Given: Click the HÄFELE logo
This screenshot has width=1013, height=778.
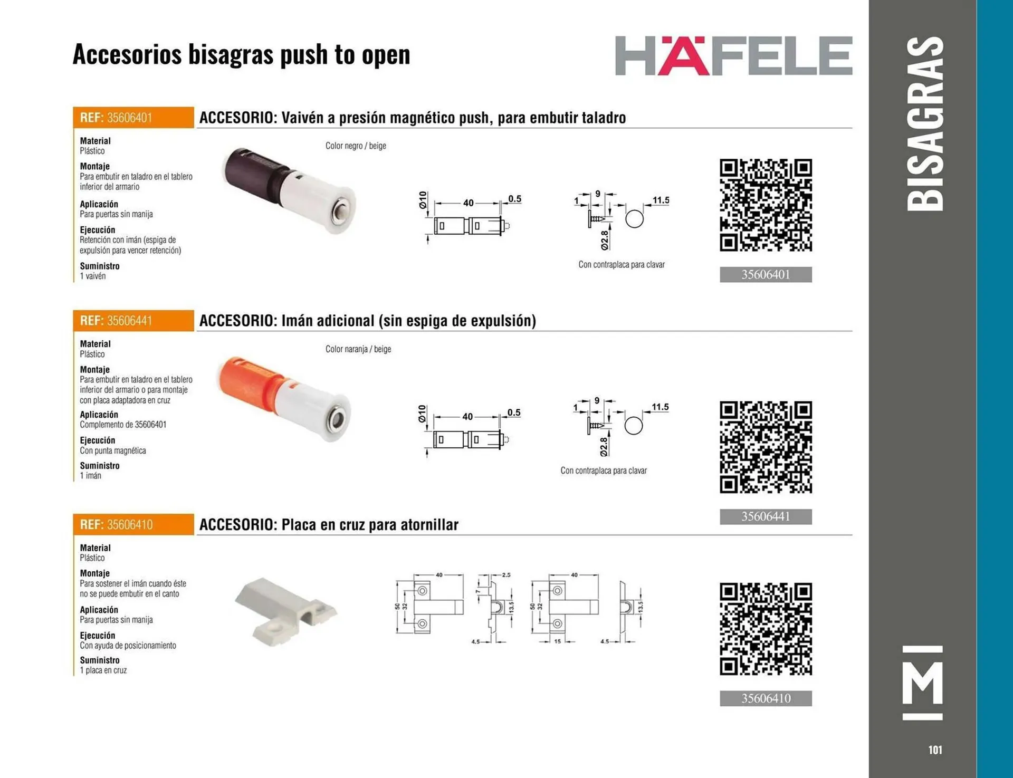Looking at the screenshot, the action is coord(733,56).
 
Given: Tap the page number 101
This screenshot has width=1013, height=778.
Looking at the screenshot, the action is coord(935,750).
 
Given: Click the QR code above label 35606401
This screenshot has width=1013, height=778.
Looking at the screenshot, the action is coord(766,205).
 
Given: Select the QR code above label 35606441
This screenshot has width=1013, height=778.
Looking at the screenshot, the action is coord(766,447).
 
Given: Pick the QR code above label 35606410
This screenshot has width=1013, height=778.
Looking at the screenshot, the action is coord(766,629).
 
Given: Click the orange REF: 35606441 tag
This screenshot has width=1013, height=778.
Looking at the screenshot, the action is coord(133,321).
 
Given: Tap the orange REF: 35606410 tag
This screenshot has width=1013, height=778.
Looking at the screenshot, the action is coord(133,524).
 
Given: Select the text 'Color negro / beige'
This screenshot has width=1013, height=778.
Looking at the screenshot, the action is coord(356,146).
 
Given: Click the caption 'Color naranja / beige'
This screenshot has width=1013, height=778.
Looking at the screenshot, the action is coord(358,349).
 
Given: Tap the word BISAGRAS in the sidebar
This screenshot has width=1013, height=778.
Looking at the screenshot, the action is coord(925,123).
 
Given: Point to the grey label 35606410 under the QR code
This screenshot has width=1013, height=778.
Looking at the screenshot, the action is coord(766,698).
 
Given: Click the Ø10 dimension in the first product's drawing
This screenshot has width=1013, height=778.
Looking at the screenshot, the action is coord(423,200).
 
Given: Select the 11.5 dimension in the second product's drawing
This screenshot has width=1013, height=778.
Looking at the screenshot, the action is coord(660,407).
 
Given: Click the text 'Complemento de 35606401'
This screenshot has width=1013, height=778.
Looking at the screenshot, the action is coord(123,425).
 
